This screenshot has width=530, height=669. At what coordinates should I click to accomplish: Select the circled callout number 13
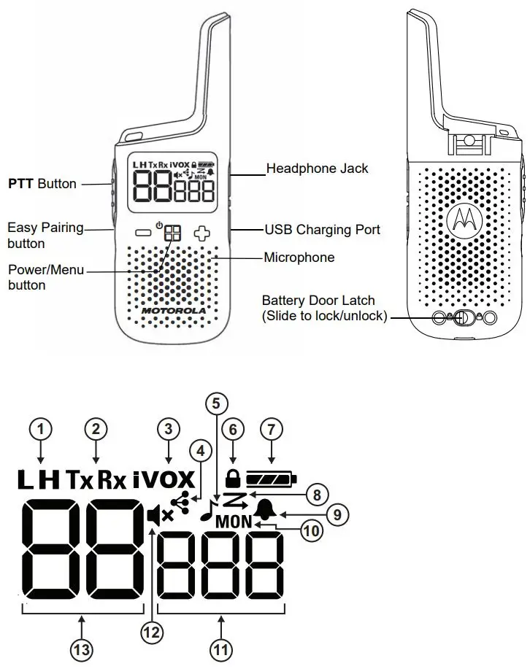(x=82, y=647)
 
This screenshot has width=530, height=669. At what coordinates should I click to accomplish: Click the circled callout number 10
(x=311, y=530)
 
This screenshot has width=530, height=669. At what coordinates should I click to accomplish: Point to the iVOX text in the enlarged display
(x=165, y=479)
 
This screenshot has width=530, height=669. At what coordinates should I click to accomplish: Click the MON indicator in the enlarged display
(x=234, y=522)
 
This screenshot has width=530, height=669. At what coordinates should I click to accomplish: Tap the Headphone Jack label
(x=317, y=169)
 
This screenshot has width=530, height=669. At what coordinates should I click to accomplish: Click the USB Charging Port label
(x=322, y=229)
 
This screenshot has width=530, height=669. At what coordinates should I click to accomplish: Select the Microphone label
(x=299, y=257)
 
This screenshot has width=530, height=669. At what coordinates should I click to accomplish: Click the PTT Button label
(x=42, y=183)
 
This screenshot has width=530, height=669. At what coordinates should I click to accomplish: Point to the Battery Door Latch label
(x=318, y=300)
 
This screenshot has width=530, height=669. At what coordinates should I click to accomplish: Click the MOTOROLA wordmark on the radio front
(x=174, y=310)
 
